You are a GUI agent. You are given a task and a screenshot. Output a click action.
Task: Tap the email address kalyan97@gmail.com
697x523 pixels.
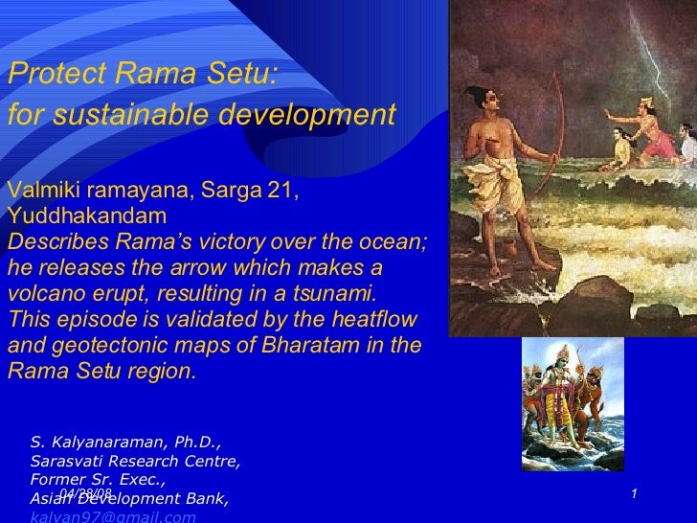113,516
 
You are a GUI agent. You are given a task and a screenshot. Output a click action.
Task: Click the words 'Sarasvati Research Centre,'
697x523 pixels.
135,461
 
